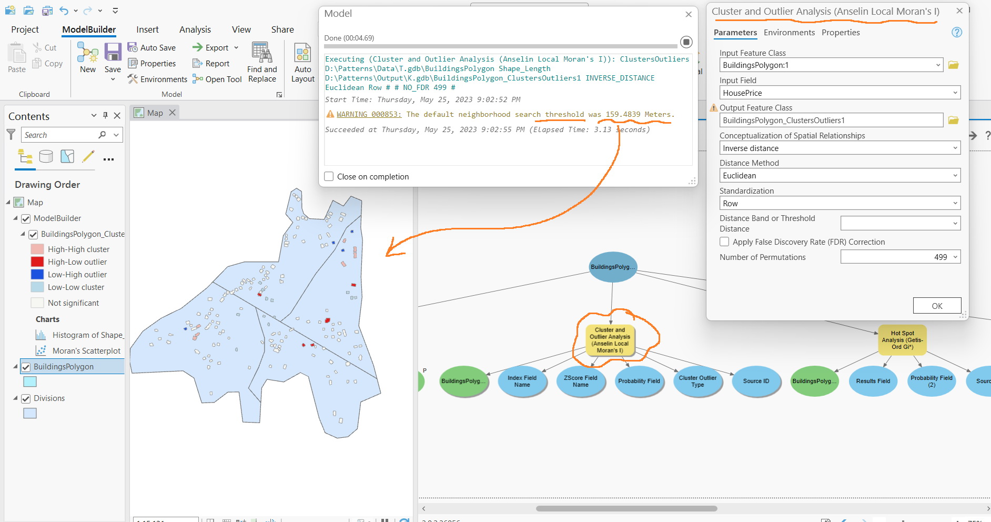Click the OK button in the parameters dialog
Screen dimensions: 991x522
(x=937, y=306)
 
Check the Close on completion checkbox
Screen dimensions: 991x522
(x=329, y=176)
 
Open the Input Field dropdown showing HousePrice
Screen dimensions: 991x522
(x=840, y=93)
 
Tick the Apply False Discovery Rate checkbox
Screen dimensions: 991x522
(x=724, y=242)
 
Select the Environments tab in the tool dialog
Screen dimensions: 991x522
(x=789, y=33)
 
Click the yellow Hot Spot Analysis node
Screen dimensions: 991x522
(x=902, y=340)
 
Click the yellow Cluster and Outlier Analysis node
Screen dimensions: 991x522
(x=610, y=340)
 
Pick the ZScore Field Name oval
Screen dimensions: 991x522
(x=580, y=381)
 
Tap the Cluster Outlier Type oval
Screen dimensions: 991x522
(x=697, y=381)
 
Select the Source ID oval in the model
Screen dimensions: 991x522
(x=756, y=381)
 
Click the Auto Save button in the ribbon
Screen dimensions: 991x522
(x=152, y=47)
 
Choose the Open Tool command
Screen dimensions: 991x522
(x=217, y=79)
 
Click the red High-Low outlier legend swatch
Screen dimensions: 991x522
(x=37, y=262)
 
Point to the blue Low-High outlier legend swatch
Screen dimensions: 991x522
(x=37, y=274)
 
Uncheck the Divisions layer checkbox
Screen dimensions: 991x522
(x=26, y=398)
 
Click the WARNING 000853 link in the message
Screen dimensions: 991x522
(x=369, y=114)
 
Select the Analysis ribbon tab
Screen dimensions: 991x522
(x=195, y=29)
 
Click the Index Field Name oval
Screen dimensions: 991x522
(x=522, y=381)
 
